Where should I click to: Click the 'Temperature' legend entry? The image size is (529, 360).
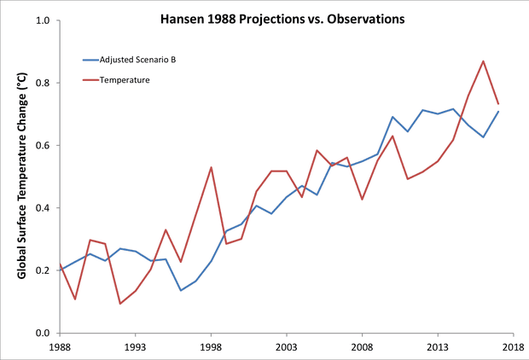point(125,81)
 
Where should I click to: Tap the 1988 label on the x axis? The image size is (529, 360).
point(59,348)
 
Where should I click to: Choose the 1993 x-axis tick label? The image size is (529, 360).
point(135,348)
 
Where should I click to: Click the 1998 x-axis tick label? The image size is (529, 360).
point(211,348)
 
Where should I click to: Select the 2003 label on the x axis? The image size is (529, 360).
point(286,348)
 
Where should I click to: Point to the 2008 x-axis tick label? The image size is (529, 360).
point(362,348)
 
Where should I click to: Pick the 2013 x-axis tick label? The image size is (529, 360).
point(438,348)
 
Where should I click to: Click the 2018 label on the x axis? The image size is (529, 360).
point(513,348)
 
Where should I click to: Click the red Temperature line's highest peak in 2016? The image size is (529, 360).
point(483,61)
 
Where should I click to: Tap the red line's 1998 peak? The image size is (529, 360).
point(211,167)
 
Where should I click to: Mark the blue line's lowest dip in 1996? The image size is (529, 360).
point(180,290)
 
